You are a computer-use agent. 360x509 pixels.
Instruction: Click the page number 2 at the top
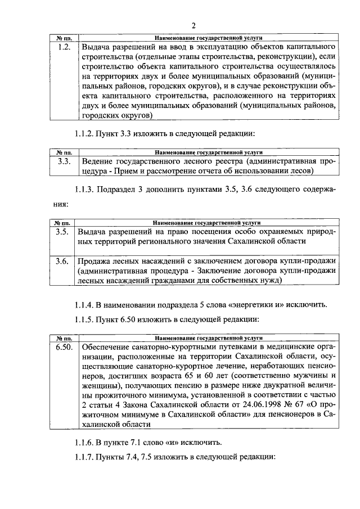coord(193,25)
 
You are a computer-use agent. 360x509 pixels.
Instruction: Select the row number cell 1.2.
coord(64,47)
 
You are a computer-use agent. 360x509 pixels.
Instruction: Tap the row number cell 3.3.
coord(64,161)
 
